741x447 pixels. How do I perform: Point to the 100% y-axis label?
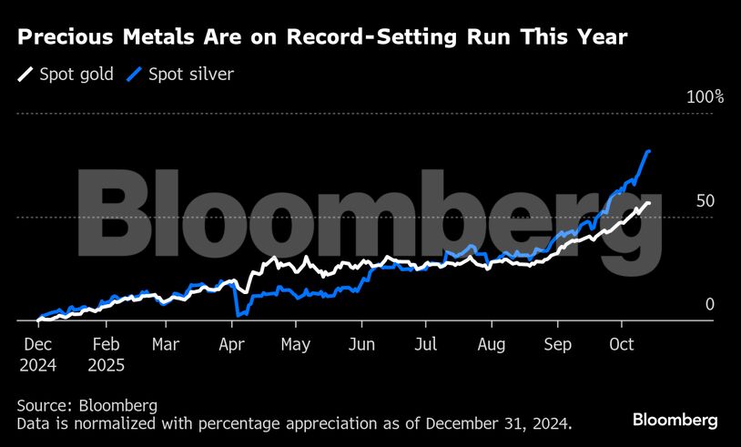pos(704,97)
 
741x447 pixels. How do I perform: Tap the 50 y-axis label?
pos(705,201)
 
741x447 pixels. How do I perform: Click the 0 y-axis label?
pos(710,305)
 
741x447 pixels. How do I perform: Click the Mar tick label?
pos(166,346)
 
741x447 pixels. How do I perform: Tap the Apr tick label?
pos(231,346)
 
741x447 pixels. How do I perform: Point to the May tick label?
pos(296,346)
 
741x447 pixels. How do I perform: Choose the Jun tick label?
pos(361,346)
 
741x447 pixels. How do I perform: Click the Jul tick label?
pos(426,346)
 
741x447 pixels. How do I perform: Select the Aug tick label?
pos(492,346)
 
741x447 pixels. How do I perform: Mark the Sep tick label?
pos(557,346)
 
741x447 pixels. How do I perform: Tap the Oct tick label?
pos(622,346)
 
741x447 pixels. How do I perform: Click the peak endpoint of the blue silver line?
pos(648,151)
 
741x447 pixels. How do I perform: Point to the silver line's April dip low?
pos(238,315)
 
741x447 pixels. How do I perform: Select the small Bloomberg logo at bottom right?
pos(675,420)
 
